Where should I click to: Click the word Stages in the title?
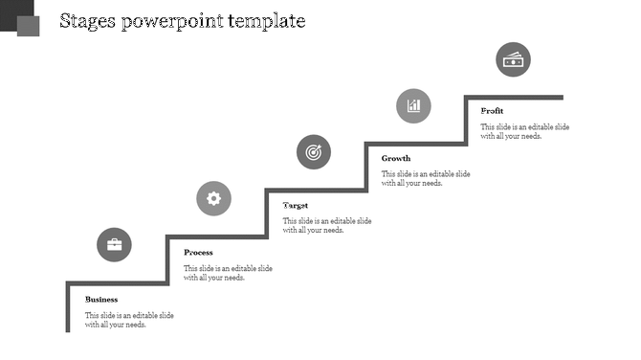click(88, 21)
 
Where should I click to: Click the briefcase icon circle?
click(115, 245)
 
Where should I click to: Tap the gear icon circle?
click(213, 198)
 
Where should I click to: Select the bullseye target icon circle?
click(313, 151)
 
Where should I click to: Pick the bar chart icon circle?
click(413, 105)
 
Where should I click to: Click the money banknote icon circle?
click(513, 59)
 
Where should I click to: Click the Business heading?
click(101, 300)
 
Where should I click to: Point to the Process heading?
click(198, 253)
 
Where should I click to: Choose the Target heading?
click(296, 206)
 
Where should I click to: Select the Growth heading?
click(396, 158)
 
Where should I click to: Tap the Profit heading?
click(492, 111)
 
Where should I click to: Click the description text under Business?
click(129, 321)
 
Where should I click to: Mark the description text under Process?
click(228, 274)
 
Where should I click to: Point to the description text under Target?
click(326, 226)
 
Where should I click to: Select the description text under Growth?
click(426, 179)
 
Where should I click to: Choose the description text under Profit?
click(525, 132)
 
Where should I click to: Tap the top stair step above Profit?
click(514, 97)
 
